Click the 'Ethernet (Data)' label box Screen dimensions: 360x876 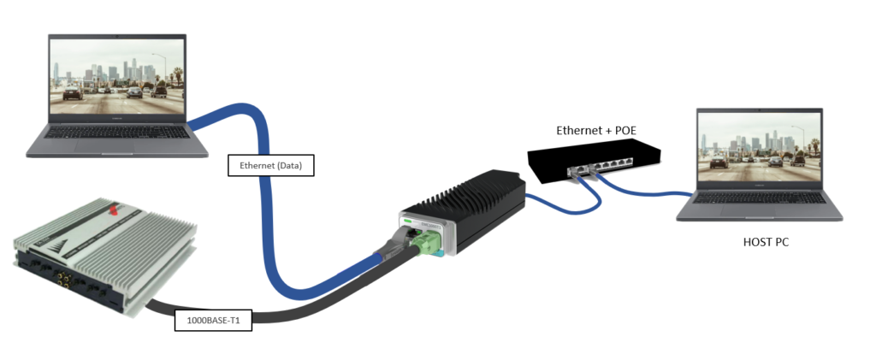[271, 165]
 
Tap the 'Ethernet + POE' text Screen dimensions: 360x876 [597, 131]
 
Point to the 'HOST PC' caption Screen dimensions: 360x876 [766, 243]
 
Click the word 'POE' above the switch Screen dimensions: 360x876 [624, 131]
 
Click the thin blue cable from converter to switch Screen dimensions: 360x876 [547, 203]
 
